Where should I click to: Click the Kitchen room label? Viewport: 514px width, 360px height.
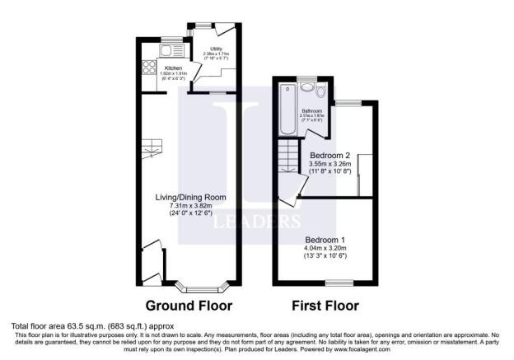click(174, 68)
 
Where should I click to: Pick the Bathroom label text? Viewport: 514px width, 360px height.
click(311, 110)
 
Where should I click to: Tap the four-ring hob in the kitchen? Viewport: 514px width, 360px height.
click(151, 68)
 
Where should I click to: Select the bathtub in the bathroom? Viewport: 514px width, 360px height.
click(287, 110)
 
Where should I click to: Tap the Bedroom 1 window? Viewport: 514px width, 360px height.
click(334, 283)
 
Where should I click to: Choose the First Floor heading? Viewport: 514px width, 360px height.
click(325, 306)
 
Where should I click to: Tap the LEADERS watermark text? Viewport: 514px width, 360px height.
click(257, 222)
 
